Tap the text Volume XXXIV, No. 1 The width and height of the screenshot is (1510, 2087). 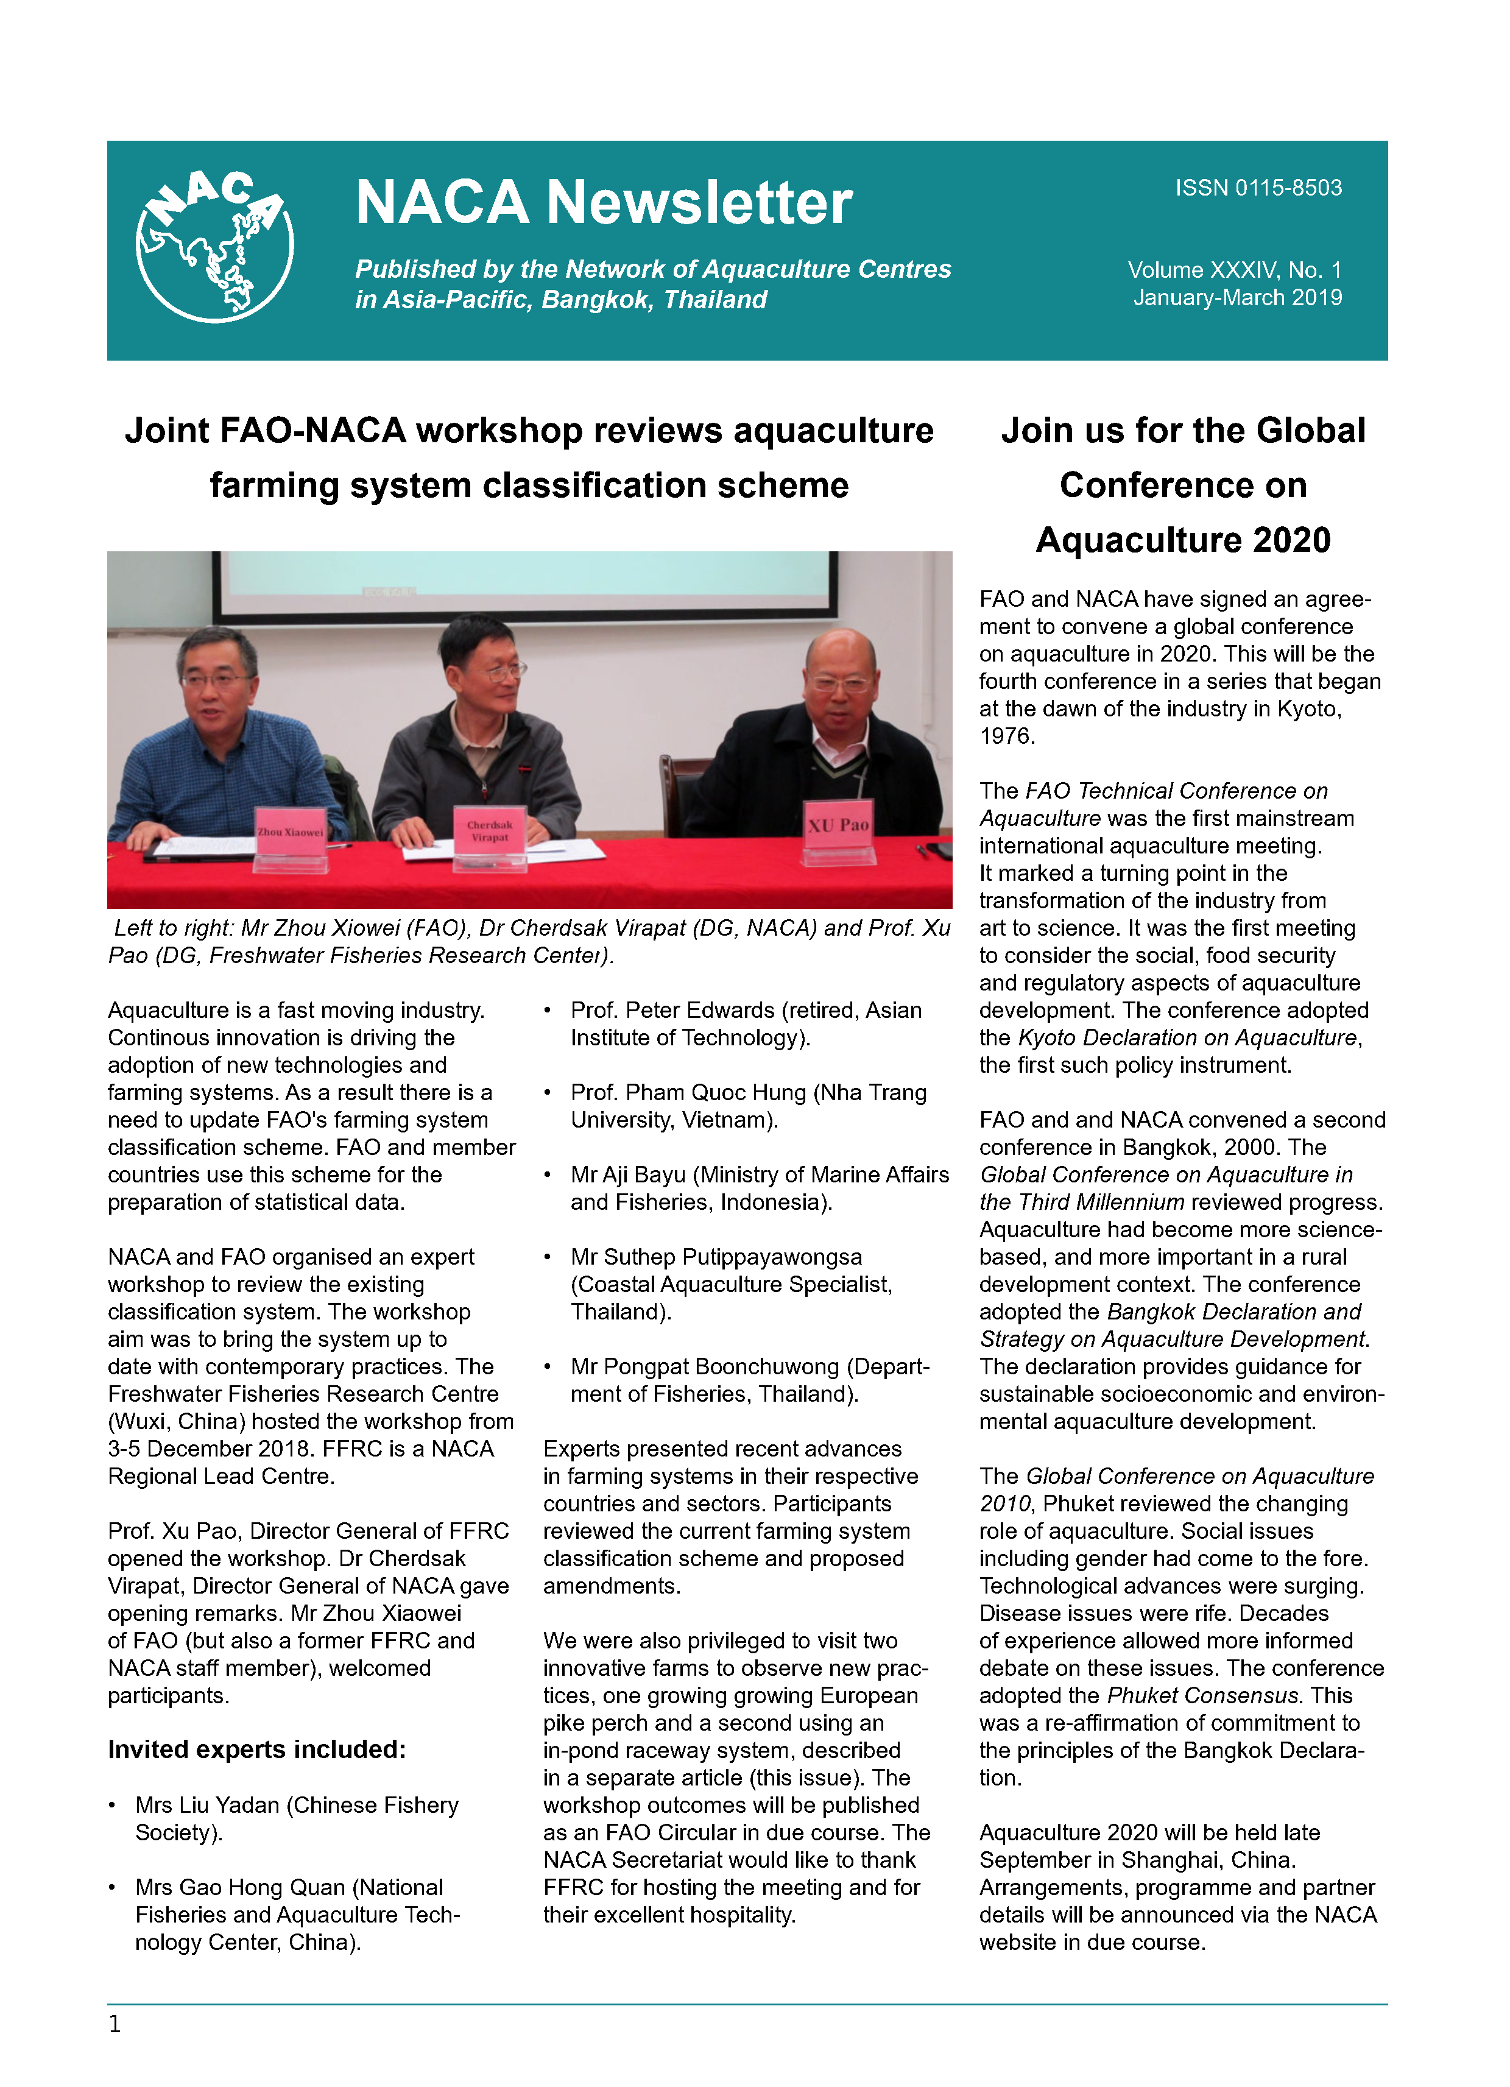[x=1234, y=270]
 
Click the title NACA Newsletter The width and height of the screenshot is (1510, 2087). [x=604, y=202]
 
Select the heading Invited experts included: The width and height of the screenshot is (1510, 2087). [x=256, y=1750]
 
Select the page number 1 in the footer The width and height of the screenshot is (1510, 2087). [x=115, y=2024]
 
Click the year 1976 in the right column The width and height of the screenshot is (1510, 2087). [x=1007, y=736]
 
